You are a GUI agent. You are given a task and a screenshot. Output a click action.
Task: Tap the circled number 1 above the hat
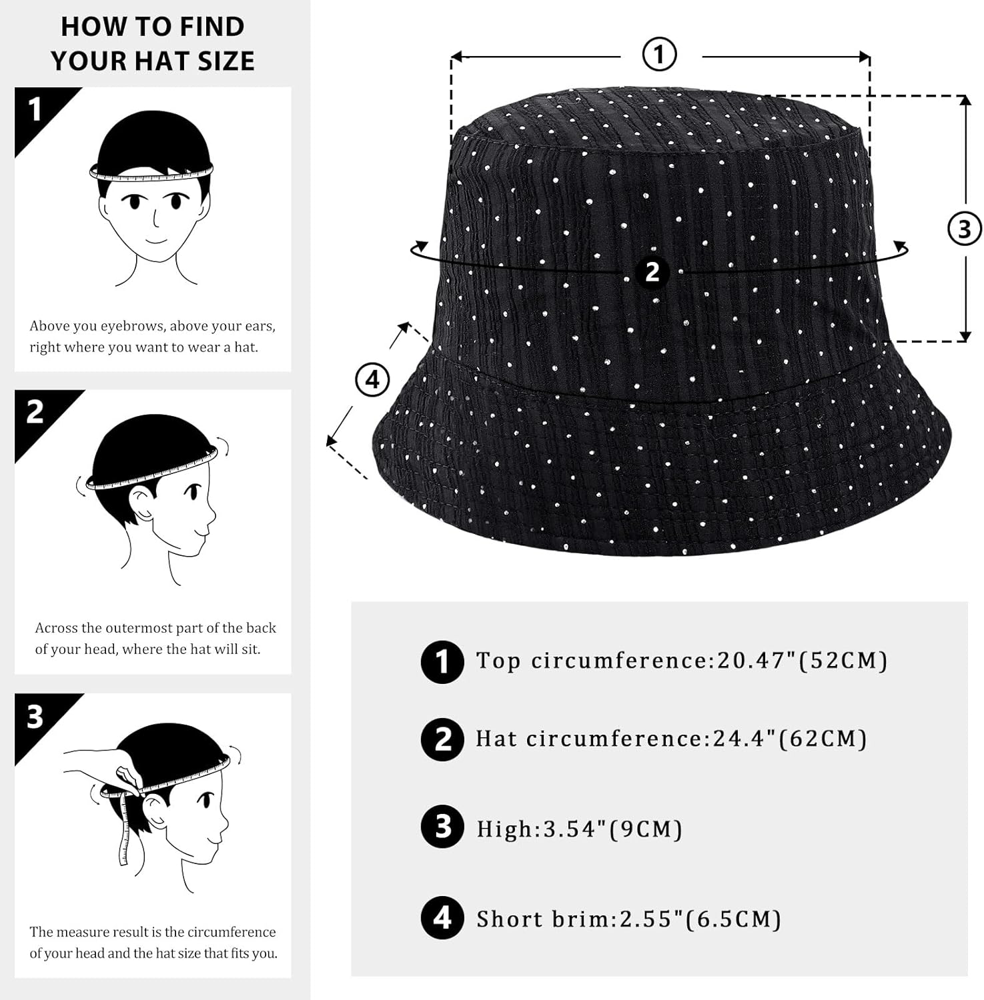click(x=659, y=55)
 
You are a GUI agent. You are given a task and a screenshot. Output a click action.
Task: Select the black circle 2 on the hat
click(x=652, y=272)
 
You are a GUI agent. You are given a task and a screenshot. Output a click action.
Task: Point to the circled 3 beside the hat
click(x=964, y=229)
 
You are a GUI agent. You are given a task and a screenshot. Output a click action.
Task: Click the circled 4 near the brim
click(x=372, y=379)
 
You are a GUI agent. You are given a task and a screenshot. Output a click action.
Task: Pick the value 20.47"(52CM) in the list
click(x=802, y=661)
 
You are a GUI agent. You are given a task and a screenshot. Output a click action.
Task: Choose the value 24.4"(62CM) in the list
click(x=790, y=739)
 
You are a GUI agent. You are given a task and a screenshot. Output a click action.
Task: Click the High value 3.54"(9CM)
click(x=612, y=829)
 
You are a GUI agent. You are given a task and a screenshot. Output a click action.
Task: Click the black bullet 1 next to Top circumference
click(x=442, y=662)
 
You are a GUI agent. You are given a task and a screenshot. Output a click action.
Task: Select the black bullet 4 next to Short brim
click(x=442, y=918)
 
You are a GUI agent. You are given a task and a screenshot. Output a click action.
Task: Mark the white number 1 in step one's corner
click(x=35, y=109)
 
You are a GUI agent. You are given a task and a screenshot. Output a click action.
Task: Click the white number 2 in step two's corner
click(x=35, y=412)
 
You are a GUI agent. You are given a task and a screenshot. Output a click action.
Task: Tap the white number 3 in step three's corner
click(x=35, y=717)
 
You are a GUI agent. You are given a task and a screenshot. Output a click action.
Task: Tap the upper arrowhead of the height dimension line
click(x=965, y=101)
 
